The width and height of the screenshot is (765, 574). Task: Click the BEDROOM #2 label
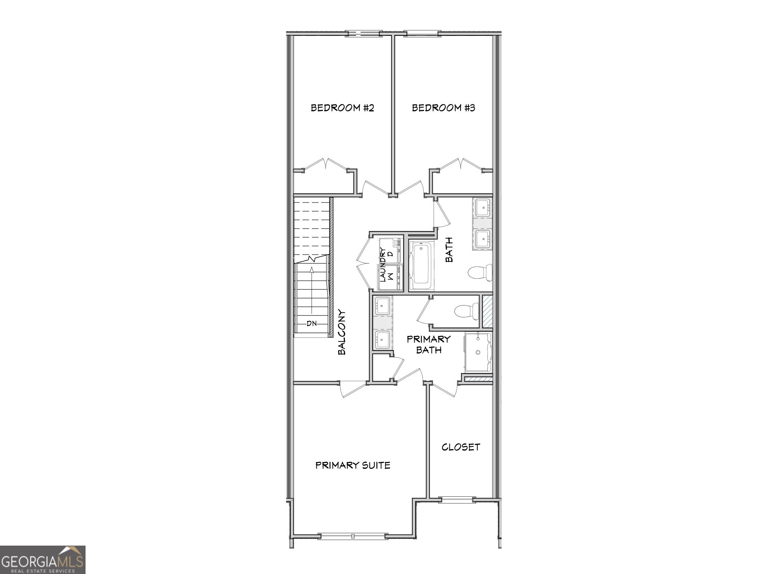342,108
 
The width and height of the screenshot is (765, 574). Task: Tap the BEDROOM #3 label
443,108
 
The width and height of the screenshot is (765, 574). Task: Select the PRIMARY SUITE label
353,465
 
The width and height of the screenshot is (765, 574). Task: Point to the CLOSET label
461,447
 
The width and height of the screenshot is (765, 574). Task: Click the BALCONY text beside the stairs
342,332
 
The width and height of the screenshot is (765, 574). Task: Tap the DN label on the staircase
312,324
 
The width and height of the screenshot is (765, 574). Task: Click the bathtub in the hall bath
421,266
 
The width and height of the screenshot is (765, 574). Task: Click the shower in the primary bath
478,352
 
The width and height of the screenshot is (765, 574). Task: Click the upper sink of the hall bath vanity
483,207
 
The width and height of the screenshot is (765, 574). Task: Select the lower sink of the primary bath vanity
382,339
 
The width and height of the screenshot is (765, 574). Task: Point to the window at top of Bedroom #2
363,34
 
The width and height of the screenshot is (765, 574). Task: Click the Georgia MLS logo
43,559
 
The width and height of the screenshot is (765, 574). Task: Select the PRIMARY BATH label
428,344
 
